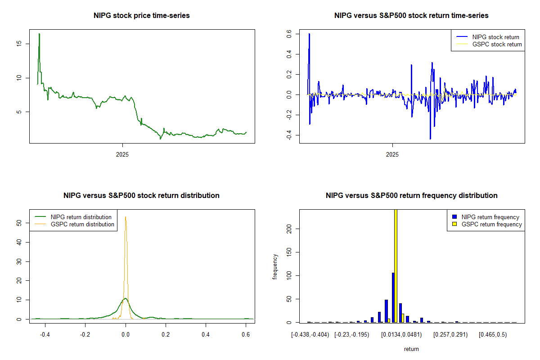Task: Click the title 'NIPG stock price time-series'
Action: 141,16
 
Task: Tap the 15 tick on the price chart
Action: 19,44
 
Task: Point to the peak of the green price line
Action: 39,34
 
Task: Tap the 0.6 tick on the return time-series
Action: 289,34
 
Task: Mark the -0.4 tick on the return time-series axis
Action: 289,135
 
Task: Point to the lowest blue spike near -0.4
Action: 430,139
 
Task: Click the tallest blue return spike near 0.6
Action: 309,34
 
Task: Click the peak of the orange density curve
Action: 126,217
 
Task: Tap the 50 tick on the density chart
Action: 19,223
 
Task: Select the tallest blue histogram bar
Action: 393,297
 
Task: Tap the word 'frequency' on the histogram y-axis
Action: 275,266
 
